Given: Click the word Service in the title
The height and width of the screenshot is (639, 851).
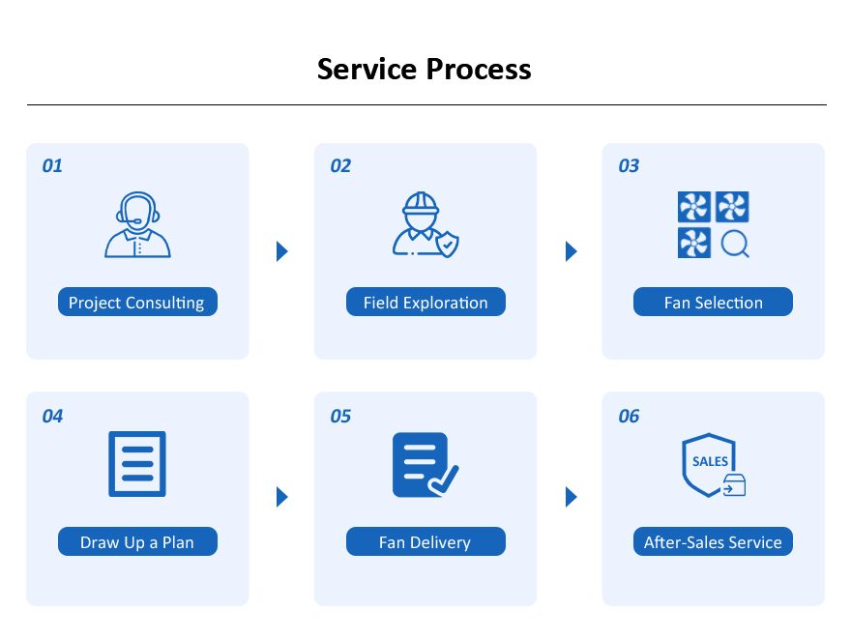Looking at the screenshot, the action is (x=367, y=70).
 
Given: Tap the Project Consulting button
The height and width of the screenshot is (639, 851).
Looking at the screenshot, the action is (x=138, y=302).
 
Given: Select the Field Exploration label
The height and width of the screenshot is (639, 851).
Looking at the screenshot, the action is (x=426, y=302).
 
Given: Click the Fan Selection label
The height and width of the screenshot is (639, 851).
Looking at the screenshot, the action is (x=713, y=302).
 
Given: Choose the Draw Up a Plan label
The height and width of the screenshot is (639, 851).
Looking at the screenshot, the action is (x=138, y=541).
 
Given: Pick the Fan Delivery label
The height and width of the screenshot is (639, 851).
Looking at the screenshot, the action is (x=426, y=541).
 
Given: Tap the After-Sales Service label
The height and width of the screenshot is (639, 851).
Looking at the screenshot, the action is (x=713, y=541).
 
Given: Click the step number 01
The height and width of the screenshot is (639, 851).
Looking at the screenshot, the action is (x=52, y=166).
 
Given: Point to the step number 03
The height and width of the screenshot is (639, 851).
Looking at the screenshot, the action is (x=629, y=166).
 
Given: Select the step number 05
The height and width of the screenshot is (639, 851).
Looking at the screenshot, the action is (x=340, y=416).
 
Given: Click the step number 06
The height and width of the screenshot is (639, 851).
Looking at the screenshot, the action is (x=629, y=416).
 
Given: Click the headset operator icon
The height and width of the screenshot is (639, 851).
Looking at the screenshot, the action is (x=138, y=224).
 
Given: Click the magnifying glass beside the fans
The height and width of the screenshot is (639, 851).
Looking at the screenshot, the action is (x=735, y=245).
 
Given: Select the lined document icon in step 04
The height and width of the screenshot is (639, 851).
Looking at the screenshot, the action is (x=137, y=464).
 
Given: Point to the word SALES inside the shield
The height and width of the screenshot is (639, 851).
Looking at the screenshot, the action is (x=710, y=461).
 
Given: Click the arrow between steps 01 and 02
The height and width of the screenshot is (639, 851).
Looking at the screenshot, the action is (x=281, y=251).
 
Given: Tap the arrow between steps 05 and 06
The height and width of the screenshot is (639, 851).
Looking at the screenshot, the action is (x=571, y=496).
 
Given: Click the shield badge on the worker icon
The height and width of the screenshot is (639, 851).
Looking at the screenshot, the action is (x=447, y=245).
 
